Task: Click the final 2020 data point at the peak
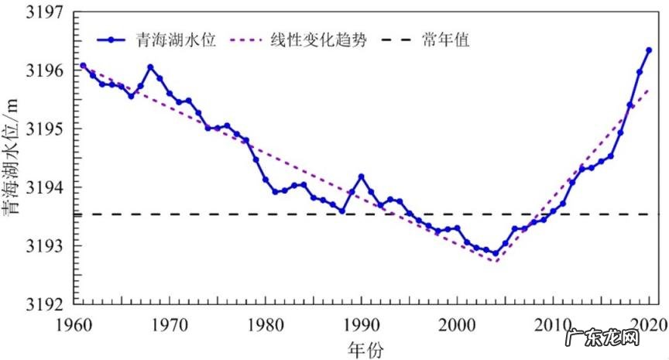[649, 50]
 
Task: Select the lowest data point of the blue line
[496, 253]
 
